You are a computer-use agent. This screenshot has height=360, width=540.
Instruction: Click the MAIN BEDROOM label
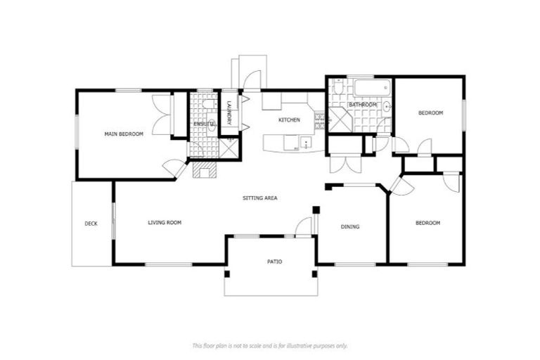(x=124, y=134)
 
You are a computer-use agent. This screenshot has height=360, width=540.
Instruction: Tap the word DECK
(x=91, y=224)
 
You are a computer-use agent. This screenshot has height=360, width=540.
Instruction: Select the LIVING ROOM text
(x=165, y=223)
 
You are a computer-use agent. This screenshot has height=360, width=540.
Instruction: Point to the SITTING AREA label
(x=259, y=198)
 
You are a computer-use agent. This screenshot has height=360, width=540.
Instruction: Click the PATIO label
(x=274, y=262)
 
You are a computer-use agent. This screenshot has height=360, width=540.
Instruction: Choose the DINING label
(x=350, y=226)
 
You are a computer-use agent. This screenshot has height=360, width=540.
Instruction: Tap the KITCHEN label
(x=289, y=120)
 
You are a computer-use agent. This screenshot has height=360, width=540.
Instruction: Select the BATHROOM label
(x=363, y=105)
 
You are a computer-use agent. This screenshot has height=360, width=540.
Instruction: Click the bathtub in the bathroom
(x=371, y=89)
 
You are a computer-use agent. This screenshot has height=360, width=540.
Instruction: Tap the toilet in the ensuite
(x=208, y=104)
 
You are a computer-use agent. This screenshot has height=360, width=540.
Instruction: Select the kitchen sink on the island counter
(x=307, y=143)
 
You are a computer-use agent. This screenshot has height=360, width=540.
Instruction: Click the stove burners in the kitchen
(x=320, y=120)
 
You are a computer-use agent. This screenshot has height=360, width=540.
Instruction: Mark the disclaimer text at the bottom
(x=270, y=345)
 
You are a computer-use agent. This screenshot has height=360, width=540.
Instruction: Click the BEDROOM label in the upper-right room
(x=430, y=113)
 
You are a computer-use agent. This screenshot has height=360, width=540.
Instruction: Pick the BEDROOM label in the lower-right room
(x=427, y=223)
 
